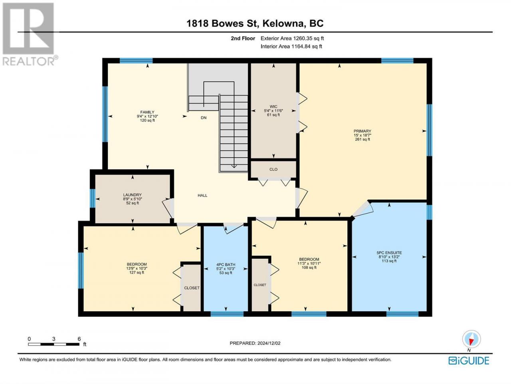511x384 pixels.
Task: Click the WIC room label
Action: (x=273, y=106)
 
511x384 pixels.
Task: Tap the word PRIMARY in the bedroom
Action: (x=362, y=131)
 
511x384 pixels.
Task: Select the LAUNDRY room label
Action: (x=132, y=195)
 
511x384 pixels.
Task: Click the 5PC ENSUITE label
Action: (x=389, y=252)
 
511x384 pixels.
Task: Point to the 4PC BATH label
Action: (x=226, y=265)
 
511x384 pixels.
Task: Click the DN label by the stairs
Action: (x=204, y=118)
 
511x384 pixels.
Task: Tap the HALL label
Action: (x=202, y=195)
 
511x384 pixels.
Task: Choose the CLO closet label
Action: (x=273, y=169)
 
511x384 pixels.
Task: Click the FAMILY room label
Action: (x=147, y=112)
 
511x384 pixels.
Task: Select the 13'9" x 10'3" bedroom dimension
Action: (x=137, y=268)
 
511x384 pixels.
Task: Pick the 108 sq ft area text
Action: (x=309, y=268)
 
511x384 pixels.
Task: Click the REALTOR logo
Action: (x=29, y=34)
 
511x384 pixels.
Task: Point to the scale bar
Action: (x=53, y=344)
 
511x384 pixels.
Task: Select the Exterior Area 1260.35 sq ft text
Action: (x=292, y=38)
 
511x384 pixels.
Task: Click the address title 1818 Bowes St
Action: (x=220, y=24)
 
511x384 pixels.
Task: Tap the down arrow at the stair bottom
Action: (x=234, y=166)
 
